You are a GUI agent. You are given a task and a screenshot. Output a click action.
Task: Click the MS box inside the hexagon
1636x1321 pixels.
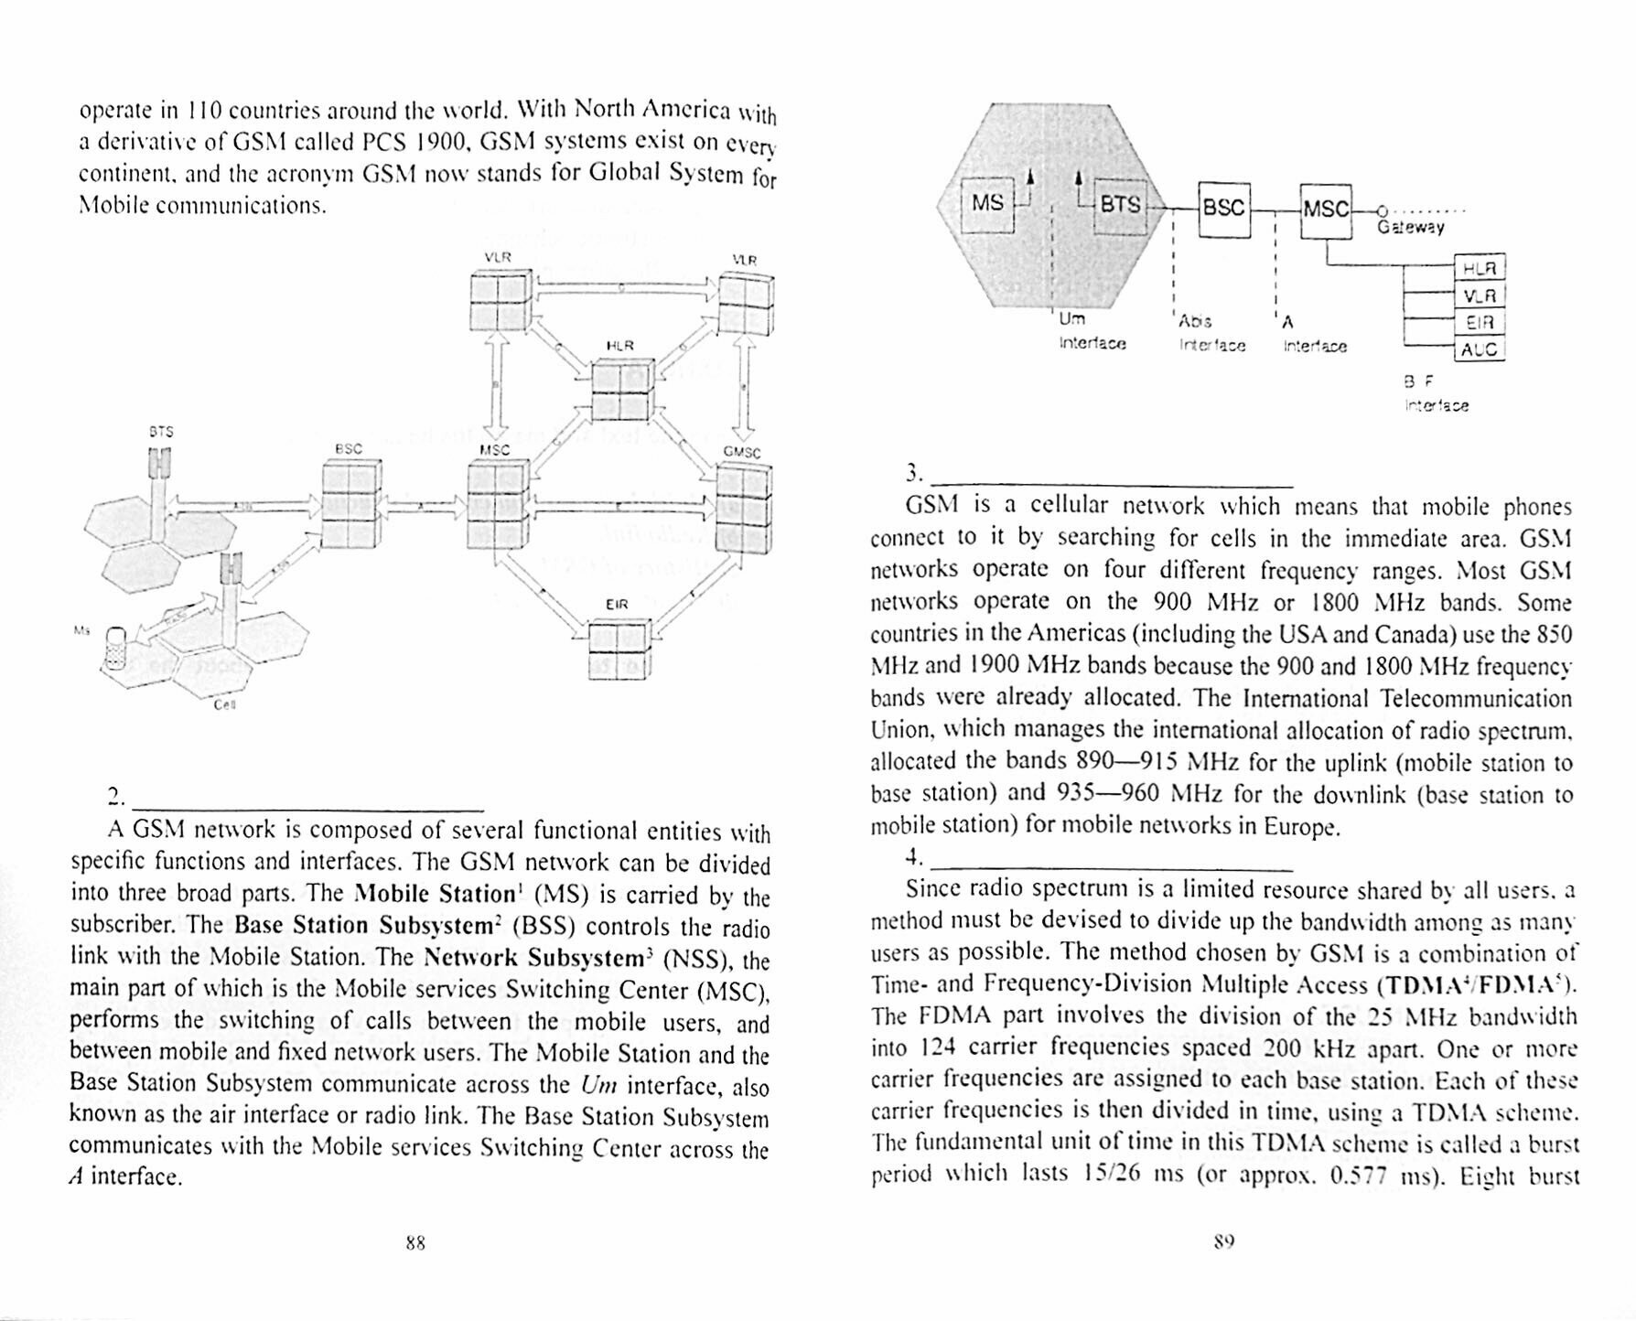pos(987,204)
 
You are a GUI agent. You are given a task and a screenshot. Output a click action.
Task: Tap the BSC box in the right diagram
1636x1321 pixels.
pos(1223,209)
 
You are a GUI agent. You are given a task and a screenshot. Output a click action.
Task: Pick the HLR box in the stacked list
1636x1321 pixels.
pos(1479,269)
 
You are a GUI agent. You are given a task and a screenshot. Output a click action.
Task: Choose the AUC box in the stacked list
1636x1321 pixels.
pos(1479,349)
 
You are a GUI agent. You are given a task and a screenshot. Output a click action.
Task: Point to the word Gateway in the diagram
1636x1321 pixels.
pos(1411,227)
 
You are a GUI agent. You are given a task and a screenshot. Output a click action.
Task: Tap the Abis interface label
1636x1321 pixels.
pos(1211,333)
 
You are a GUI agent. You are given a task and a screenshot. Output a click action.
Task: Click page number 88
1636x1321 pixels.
pos(415,1242)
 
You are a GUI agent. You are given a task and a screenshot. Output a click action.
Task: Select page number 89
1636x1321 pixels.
pos(1224,1241)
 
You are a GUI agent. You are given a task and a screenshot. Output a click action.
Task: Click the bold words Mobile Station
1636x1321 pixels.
pos(435,893)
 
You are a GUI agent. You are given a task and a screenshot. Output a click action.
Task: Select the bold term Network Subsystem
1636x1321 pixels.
pos(534,958)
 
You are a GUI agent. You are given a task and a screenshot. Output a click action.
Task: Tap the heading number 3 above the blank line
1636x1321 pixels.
pos(912,473)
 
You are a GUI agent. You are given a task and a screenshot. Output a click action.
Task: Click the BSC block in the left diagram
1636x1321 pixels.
pos(351,503)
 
